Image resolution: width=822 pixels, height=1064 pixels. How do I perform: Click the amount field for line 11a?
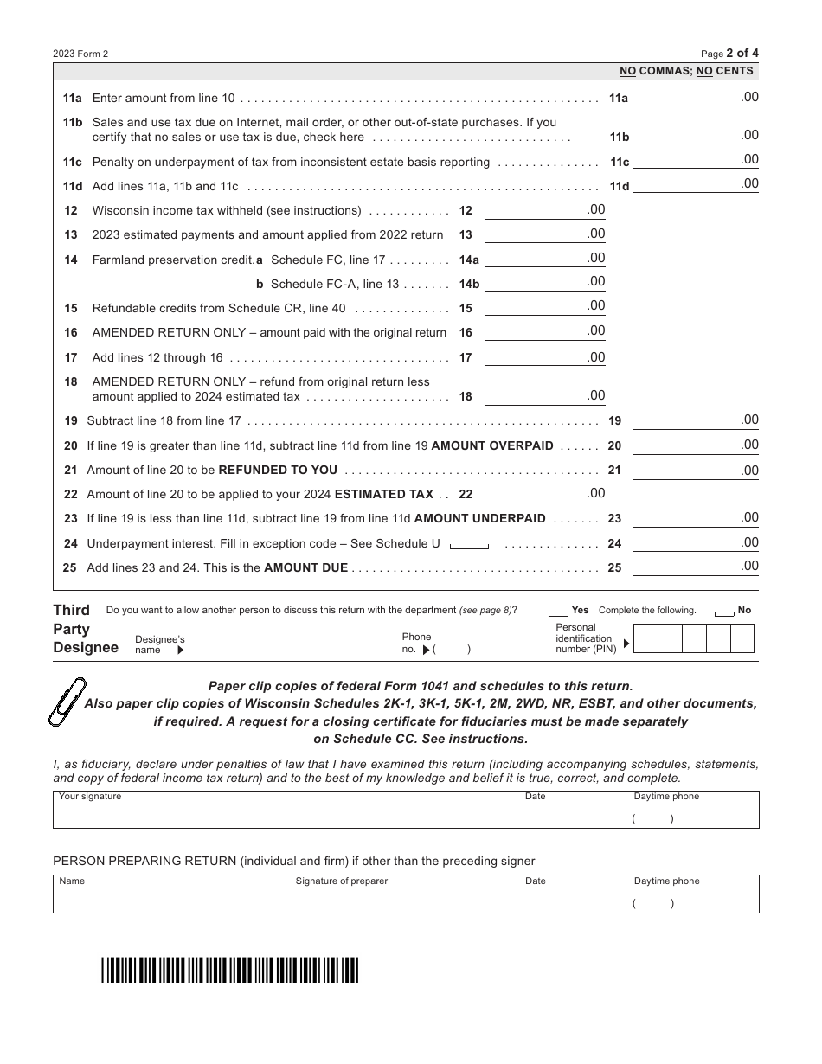coord(696,99)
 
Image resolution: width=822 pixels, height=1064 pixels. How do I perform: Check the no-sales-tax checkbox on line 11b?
coord(590,139)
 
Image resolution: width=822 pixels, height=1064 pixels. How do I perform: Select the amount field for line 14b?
coord(544,283)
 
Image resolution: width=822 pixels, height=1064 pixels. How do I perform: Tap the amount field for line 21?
coord(696,471)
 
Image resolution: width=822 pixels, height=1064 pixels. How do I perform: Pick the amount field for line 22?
coord(544,495)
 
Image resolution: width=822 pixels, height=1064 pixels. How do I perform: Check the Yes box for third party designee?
coord(558,612)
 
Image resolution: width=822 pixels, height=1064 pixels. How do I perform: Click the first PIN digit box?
coord(646,638)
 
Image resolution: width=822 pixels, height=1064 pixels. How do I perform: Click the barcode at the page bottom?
coord(229,971)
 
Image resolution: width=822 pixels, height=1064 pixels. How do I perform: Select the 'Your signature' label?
coord(90,797)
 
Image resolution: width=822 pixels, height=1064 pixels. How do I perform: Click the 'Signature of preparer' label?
coord(341,881)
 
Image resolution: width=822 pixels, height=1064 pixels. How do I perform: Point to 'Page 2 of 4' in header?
coord(729,53)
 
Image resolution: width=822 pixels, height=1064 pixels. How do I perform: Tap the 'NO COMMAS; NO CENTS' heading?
coord(686,71)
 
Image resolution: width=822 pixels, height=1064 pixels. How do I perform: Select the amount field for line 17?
coord(544,359)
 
